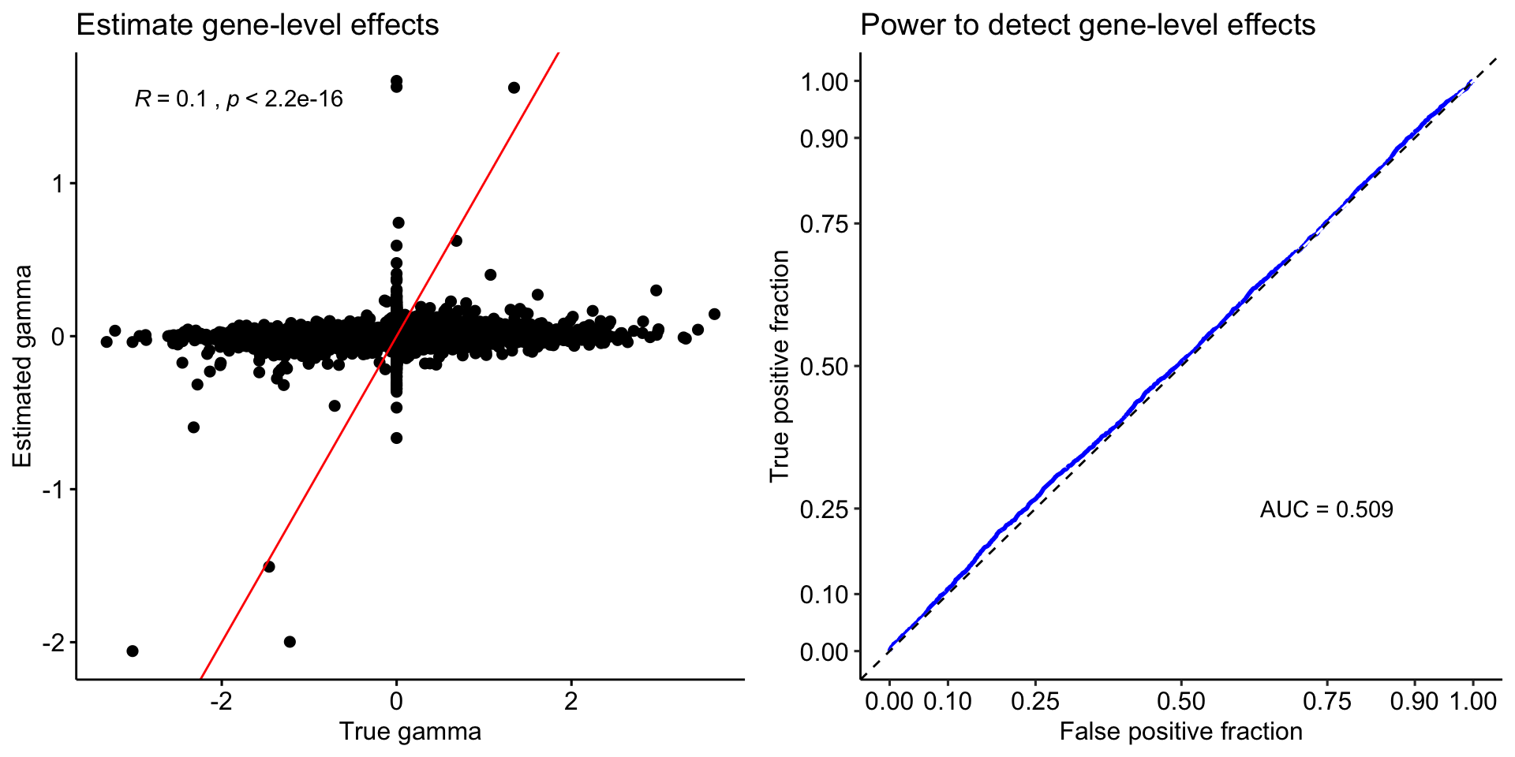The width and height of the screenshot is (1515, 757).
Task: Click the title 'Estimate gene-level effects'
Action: coord(257,25)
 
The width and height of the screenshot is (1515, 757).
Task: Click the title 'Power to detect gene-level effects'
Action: coord(1087,25)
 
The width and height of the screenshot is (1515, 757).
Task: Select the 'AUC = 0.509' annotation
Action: coord(1326,509)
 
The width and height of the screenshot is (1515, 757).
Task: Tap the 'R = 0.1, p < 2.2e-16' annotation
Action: coord(239,99)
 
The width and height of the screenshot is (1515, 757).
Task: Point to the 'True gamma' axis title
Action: coord(410,732)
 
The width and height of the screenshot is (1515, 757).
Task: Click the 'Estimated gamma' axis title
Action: coord(23,366)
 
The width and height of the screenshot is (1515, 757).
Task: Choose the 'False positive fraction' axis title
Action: coord(1180,732)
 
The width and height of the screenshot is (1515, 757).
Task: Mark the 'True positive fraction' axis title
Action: coord(780,366)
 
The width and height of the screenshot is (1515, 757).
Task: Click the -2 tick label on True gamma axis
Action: coord(221,701)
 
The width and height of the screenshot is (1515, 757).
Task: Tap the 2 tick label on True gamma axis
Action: coord(571,701)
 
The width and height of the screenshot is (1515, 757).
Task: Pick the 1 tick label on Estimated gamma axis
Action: coord(58,184)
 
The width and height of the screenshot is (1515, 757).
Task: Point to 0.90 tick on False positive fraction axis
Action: coord(1414,701)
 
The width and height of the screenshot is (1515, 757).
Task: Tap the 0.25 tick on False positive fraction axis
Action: coord(1035,701)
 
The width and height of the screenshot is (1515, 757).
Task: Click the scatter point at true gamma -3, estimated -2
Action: coord(133,651)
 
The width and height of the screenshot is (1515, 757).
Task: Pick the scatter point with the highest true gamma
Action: coord(714,314)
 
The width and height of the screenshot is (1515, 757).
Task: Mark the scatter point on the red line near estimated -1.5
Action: coord(269,566)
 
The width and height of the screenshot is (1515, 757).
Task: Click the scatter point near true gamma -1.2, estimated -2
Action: coord(290,642)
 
